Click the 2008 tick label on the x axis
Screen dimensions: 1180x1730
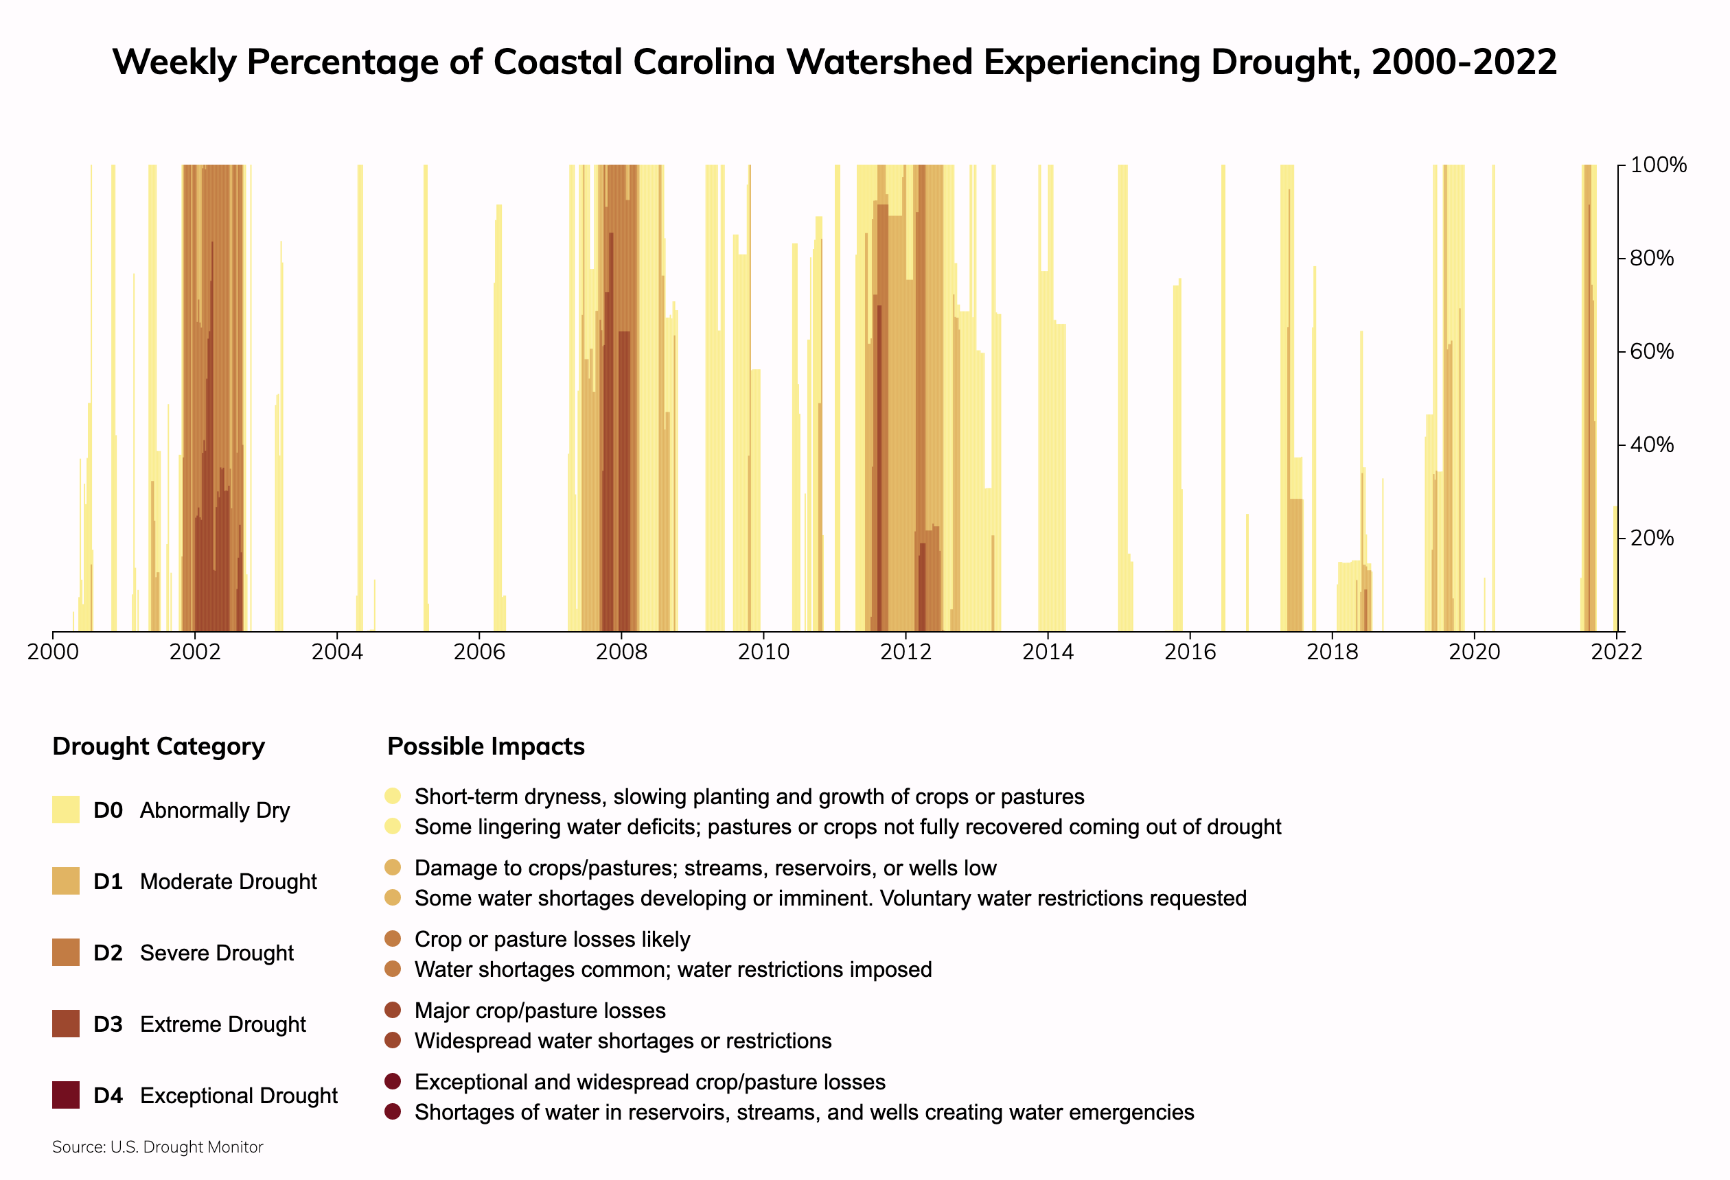[621, 652]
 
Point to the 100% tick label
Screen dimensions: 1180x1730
[1658, 165]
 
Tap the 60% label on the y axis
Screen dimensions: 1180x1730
[1651, 351]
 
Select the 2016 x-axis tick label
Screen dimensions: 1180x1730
[1190, 652]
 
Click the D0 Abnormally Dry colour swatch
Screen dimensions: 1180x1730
[65, 810]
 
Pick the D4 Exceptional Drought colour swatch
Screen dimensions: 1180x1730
[65, 1095]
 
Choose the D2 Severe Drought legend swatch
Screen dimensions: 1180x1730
[65, 952]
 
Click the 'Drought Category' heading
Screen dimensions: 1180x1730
[159, 746]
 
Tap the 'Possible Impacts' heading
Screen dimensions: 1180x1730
[486, 746]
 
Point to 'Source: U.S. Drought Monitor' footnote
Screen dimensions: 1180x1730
[158, 1147]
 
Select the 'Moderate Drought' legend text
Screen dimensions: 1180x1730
[229, 882]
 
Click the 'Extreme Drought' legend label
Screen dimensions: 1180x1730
[222, 1024]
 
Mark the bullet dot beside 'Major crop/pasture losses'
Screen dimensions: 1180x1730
[393, 1011]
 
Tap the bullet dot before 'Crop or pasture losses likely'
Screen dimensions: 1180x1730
[393, 939]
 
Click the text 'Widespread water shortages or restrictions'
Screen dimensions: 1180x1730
[623, 1041]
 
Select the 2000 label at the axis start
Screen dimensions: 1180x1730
[53, 652]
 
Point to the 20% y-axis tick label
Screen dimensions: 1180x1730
[1651, 538]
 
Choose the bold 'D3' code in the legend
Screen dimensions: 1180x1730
[108, 1024]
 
